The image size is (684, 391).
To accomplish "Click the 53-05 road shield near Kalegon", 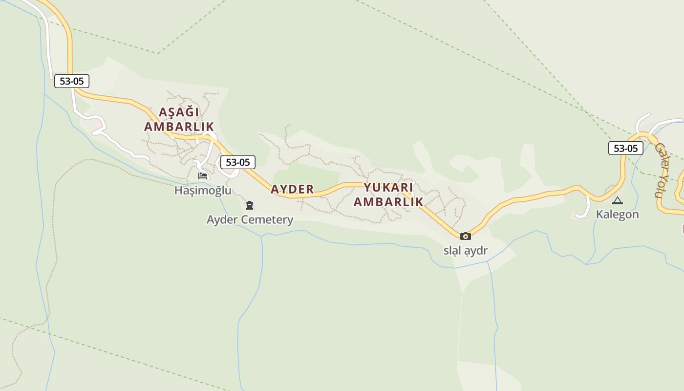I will click(x=625, y=148).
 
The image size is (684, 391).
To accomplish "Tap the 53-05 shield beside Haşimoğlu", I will click(x=237, y=162).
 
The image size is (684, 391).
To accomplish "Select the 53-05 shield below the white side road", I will click(x=72, y=81).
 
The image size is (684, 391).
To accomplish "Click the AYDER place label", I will click(x=292, y=189).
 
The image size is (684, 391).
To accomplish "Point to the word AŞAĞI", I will click(x=179, y=112).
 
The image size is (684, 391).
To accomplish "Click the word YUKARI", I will click(x=388, y=188).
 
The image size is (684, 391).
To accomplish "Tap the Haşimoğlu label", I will click(x=203, y=190).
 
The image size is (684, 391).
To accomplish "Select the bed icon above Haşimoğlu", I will click(x=203, y=176).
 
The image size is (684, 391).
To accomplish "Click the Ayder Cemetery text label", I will click(x=250, y=219).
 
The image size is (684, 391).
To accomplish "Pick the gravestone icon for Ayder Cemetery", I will click(x=250, y=205).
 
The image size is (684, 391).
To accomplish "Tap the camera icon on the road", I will click(x=466, y=236).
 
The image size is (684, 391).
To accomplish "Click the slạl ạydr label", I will click(x=466, y=251).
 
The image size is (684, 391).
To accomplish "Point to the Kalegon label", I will click(x=617, y=214).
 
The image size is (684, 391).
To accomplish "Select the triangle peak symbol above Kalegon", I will click(x=618, y=200).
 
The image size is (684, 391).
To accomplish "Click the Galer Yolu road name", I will click(x=661, y=170).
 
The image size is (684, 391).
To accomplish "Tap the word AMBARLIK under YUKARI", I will click(x=388, y=202).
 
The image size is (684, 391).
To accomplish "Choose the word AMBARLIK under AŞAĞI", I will click(x=179, y=127).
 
